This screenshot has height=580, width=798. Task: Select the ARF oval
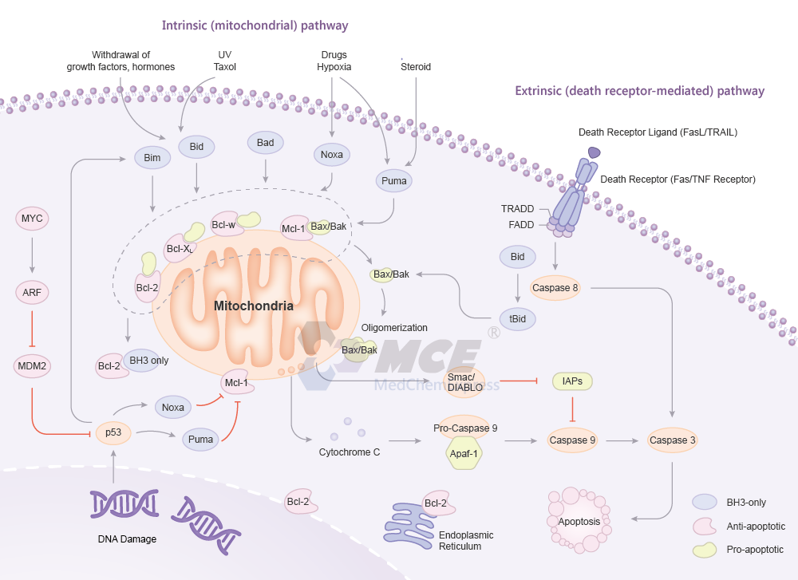(32, 293)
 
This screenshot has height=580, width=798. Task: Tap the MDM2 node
(32, 368)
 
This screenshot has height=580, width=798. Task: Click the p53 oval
(113, 432)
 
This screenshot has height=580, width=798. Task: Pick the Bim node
(152, 158)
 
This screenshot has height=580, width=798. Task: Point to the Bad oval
(266, 143)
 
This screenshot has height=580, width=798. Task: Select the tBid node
(518, 317)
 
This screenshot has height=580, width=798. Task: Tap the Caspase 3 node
(672, 440)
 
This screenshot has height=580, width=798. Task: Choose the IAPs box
(571, 382)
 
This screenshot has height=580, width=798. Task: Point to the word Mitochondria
(253, 306)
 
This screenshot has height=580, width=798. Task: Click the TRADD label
(517, 209)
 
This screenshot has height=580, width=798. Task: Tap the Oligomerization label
(394, 328)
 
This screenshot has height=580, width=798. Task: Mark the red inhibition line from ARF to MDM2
(32, 330)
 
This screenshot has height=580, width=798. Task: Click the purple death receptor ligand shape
(595, 152)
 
